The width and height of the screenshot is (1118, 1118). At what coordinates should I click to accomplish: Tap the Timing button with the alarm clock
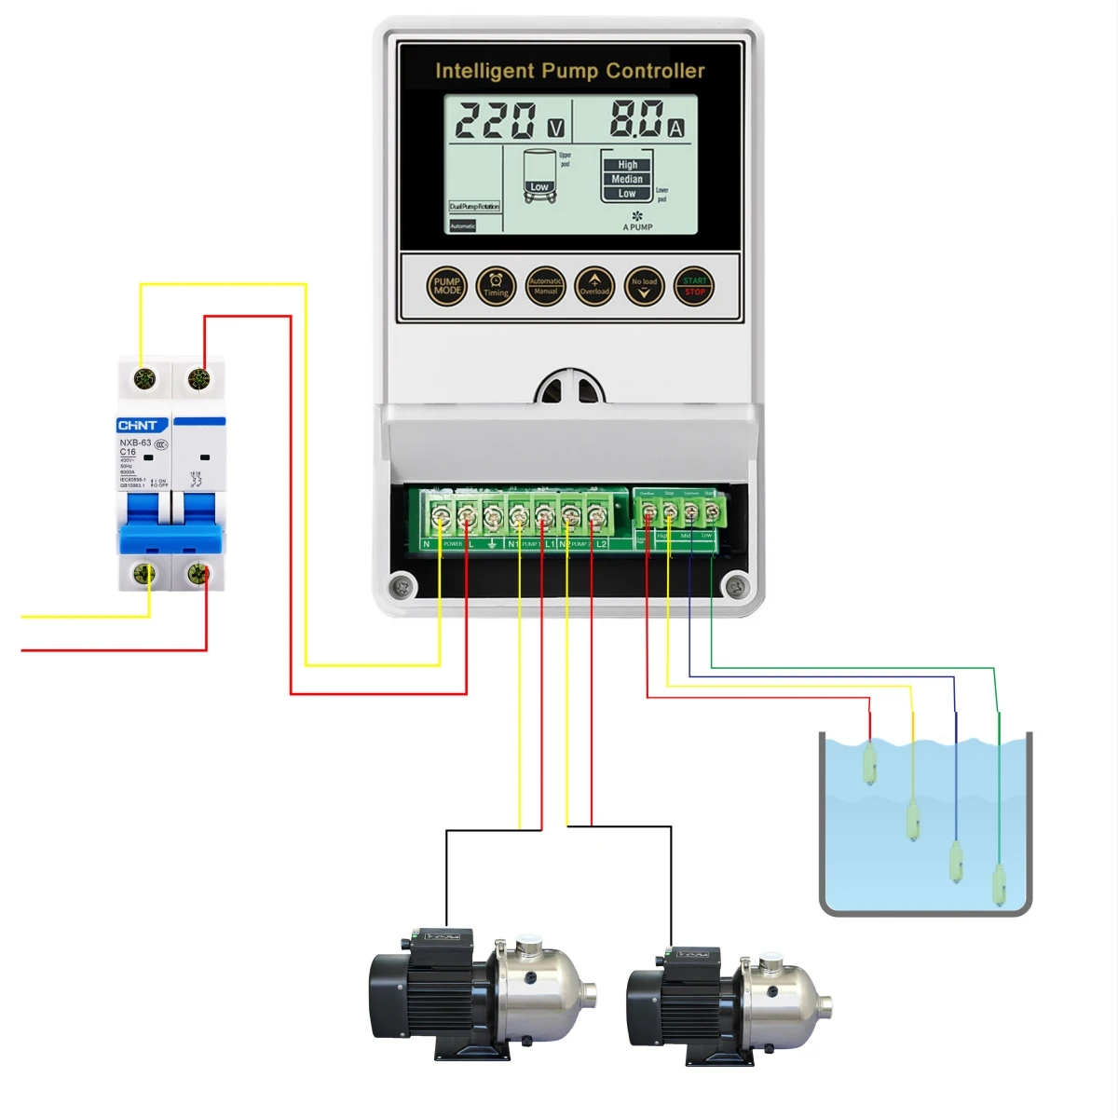(496, 286)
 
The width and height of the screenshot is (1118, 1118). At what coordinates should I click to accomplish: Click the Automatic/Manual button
(545, 286)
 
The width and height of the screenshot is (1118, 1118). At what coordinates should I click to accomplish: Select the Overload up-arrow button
(594, 286)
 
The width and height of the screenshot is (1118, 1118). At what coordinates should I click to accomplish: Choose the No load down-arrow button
(644, 286)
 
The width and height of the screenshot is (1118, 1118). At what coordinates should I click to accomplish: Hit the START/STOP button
(694, 286)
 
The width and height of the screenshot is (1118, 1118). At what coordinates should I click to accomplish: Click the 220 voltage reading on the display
(496, 121)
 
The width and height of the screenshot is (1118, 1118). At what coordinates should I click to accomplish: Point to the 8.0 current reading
(637, 119)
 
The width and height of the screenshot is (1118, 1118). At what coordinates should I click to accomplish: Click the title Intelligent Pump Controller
(569, 71)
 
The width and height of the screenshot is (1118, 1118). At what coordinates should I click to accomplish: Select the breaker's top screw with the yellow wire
(145, 379)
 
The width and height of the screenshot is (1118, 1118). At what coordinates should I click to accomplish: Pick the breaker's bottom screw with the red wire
(198, 574)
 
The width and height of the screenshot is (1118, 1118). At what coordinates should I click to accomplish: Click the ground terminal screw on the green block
(493, 515)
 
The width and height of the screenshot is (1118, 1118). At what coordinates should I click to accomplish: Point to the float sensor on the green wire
(999, 885)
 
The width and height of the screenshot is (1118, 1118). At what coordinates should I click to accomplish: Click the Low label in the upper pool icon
(539, 187)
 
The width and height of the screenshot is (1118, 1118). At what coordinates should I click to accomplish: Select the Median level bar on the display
(627, 179)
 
